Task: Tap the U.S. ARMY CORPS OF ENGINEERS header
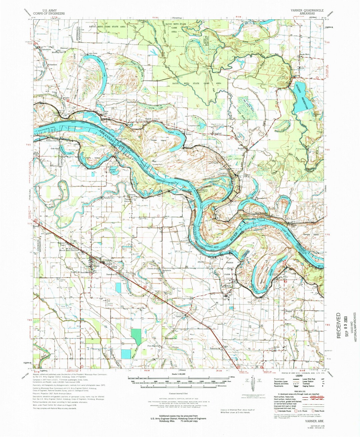click(x=50, y=12)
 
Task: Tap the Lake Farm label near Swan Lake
click(x=93, y=54)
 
